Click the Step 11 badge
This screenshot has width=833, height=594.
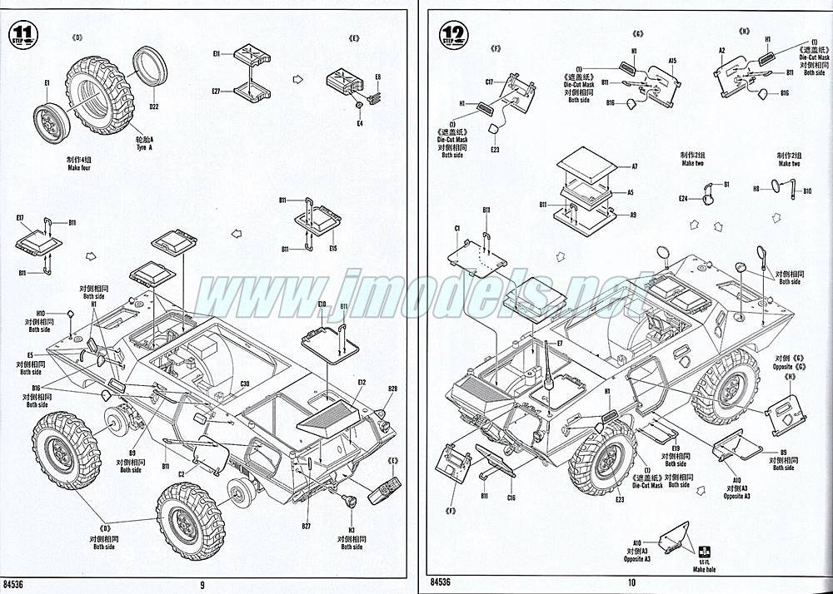[22, 36]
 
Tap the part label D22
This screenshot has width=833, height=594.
[153, 107]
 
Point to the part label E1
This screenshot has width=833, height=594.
[47, 82]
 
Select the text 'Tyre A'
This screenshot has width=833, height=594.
[146, 147]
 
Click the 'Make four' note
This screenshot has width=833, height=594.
[80, 169]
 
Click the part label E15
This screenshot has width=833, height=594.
[332, 248]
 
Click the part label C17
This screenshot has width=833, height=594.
[491, 82]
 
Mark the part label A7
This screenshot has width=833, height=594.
[634, 166]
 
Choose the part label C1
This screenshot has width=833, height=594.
[457, 228]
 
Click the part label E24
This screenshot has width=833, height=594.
[682, 199]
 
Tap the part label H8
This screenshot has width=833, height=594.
[757, 189]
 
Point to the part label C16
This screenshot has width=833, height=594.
[510, 497]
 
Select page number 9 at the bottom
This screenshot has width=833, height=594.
[202, 584]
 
